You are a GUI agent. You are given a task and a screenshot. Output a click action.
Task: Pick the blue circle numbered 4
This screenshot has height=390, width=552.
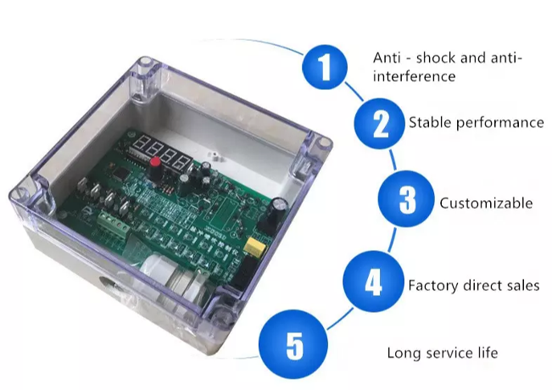372,283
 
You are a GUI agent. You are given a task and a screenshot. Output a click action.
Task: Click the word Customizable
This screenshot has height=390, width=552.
486,203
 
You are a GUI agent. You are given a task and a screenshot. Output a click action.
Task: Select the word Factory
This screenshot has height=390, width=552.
432,286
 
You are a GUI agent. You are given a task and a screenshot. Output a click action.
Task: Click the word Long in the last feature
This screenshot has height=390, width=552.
402,353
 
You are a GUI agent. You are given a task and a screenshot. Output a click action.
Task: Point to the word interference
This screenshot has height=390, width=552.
415,76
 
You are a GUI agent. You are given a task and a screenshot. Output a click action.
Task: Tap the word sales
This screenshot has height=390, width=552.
521,286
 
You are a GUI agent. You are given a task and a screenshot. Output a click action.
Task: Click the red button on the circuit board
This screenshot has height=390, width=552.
156,161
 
